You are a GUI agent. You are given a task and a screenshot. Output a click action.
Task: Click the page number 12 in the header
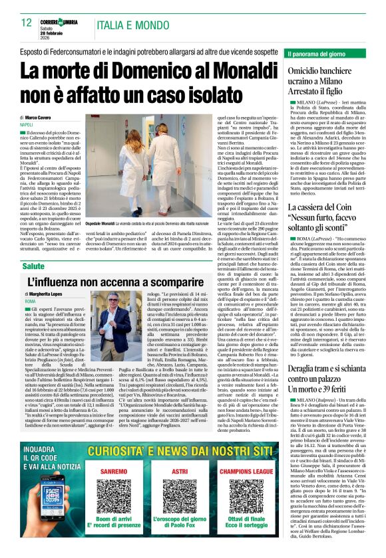(x=27, y=22)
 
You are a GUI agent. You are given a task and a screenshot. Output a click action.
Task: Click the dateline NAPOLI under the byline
(x=26, y=124)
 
